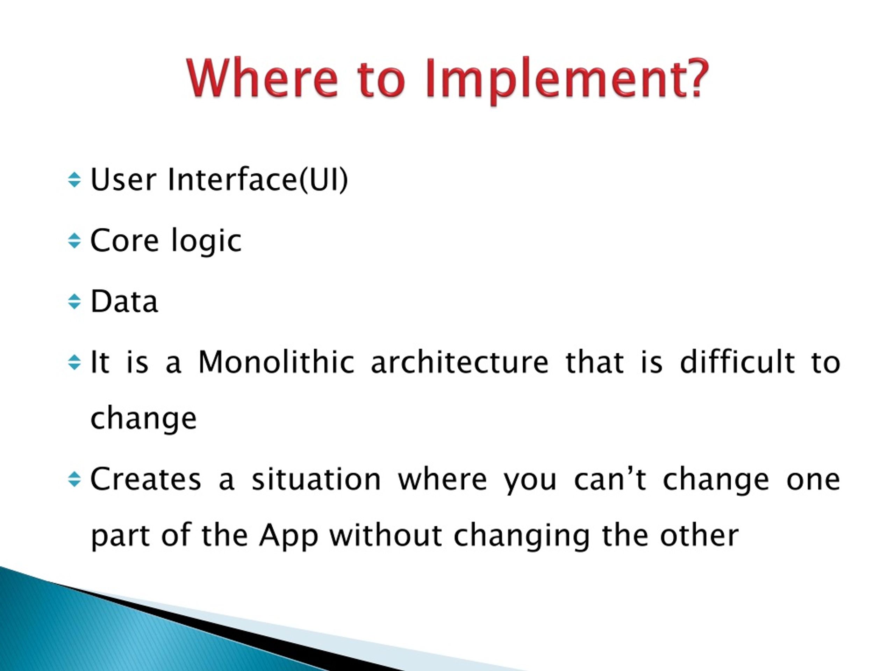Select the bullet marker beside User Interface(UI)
[x=74, y=180]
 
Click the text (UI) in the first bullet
[x=324, y=180]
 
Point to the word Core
[x=124, y=240]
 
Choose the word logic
[x=206, y=241]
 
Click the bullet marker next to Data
[x=74, y=301]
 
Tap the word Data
[x=124, y=301]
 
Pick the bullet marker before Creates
[x=74, y=479]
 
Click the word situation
[x=316, y=479]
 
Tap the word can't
[x=610, y=479]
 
